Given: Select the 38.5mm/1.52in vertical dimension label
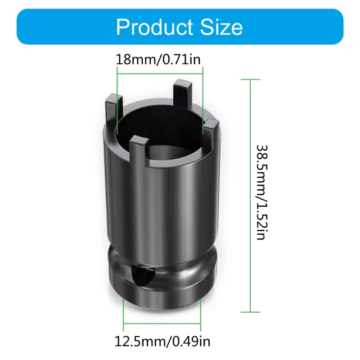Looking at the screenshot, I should [261, 193].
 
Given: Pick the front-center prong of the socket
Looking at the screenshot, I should [139, 149].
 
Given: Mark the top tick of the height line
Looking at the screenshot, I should [250, 80].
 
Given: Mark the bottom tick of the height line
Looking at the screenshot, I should [250, 311].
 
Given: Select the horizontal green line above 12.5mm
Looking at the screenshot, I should [162, 322].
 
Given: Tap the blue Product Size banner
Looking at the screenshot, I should [58, 27].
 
